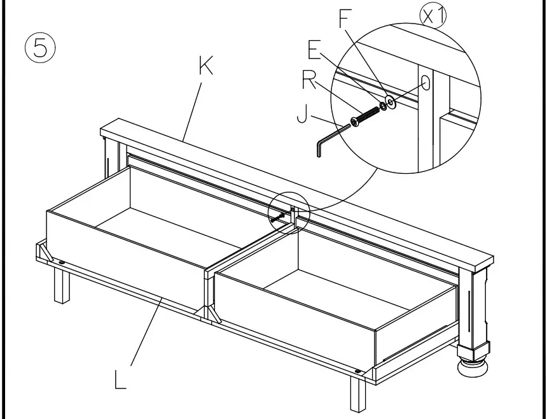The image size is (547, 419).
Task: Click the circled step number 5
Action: (x=40, y=47)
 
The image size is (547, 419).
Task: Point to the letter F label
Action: (x=344, y=19)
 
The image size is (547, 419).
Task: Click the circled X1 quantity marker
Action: (x=433, y=16)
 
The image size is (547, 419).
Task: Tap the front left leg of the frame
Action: (x=62, y=286)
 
